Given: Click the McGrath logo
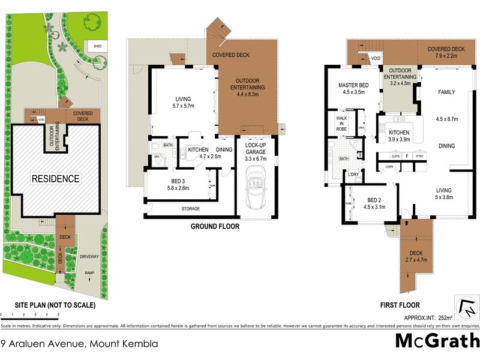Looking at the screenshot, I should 437,341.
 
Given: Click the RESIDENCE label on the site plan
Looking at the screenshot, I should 55,178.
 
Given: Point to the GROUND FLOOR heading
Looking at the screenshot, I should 215,227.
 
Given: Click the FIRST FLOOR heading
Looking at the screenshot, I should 400,305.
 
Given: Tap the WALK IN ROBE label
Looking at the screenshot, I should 341,123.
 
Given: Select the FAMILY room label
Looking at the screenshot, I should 446,92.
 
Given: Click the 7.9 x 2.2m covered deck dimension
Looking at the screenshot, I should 446,57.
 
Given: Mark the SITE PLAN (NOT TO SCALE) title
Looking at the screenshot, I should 48,305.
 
